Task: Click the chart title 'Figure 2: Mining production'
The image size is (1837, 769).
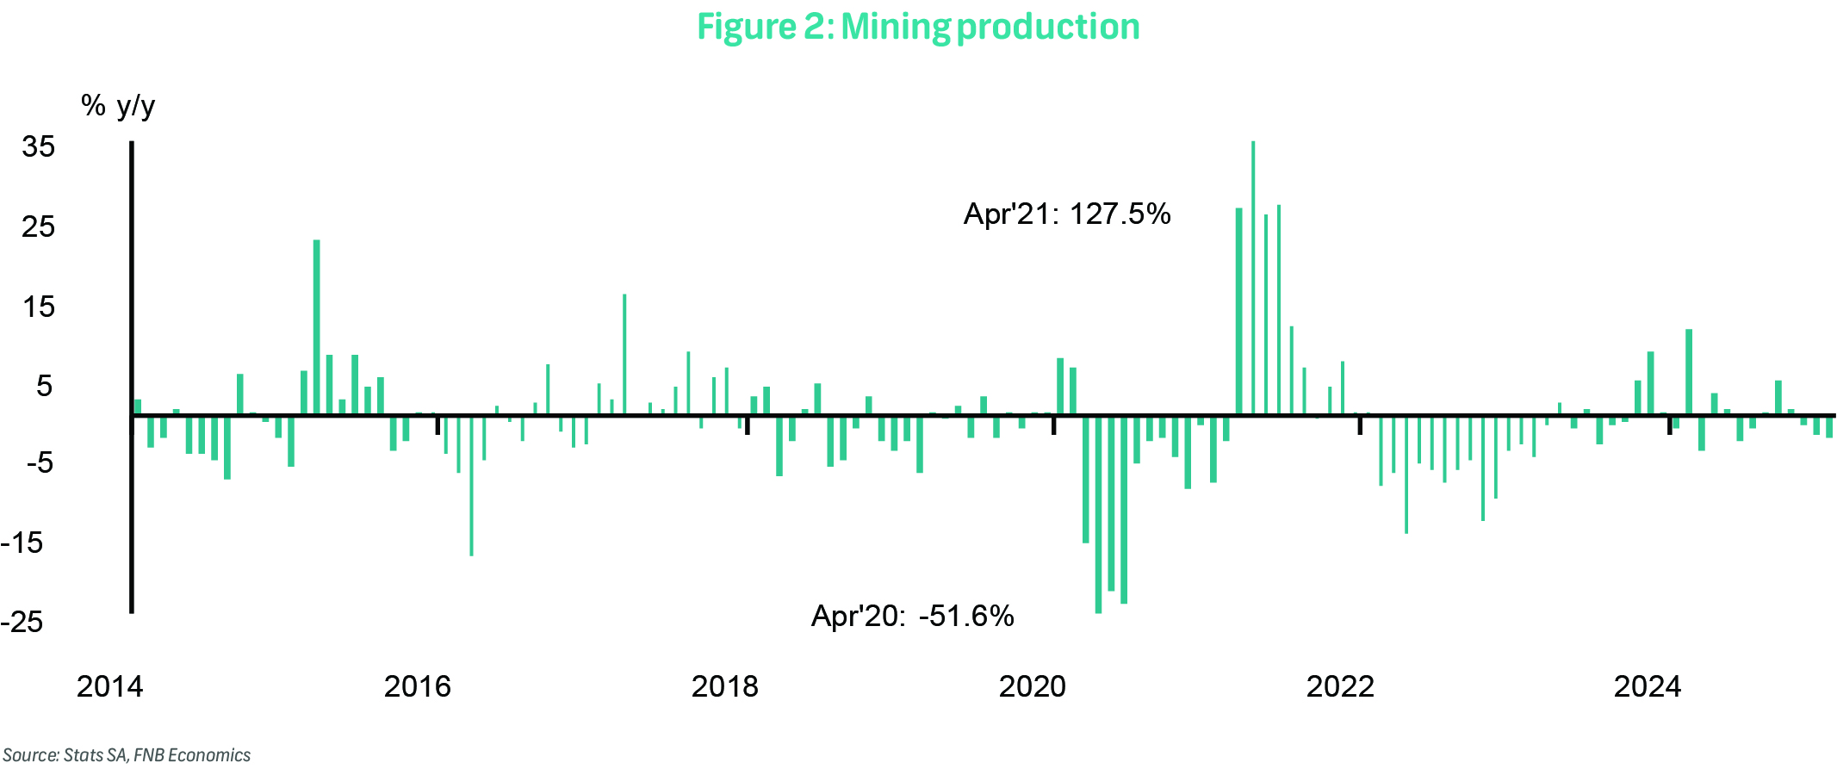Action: point(918,27)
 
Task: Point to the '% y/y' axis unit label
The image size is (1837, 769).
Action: point(118,106)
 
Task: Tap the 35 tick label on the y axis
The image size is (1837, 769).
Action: point(39,146)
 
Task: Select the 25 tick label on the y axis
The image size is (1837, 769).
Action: point(39,226)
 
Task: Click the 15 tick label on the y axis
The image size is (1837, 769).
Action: point(39,307)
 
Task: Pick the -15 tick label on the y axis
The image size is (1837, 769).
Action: point(22,543)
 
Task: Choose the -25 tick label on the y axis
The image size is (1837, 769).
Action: point(22,622)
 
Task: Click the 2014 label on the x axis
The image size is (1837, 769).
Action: point(110,686)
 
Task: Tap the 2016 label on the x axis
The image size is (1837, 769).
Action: point(418,686)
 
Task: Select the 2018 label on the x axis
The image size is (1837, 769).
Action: point(725,686)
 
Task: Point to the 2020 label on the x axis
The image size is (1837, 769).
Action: point(1033,686)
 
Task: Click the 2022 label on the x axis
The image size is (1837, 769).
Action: point(1340,686)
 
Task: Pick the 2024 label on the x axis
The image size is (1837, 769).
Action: point(1648,686)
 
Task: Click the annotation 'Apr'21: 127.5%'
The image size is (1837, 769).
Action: point(1067,214)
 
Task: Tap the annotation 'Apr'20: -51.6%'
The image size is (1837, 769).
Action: point(913,616)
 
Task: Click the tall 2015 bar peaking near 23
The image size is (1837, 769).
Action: point(316,327)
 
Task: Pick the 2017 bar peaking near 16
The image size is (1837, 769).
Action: point(624,354)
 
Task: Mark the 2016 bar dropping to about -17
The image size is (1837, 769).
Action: point(471,486)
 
